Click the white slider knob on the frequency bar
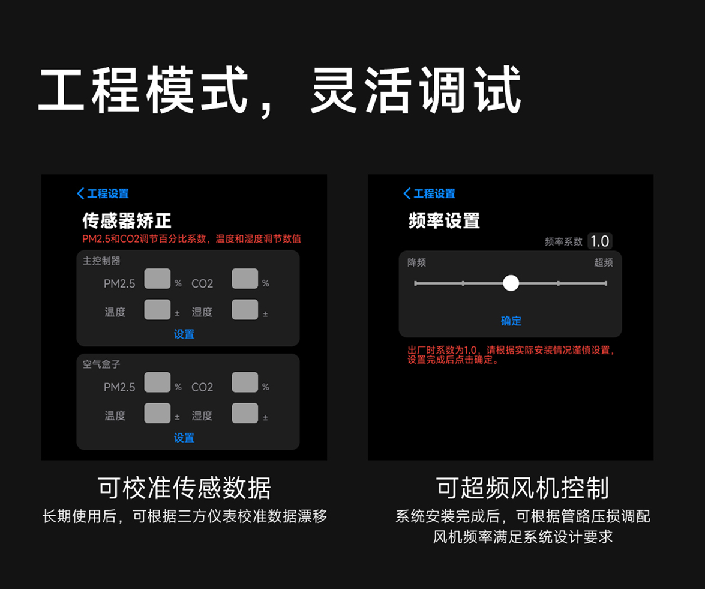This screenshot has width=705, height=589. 511,283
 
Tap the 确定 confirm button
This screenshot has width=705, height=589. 511,321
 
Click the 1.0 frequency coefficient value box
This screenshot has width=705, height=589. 599,241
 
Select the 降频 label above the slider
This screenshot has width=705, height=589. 417,263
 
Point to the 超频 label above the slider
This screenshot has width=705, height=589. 603,263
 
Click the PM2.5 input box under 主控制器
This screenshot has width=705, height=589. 157,279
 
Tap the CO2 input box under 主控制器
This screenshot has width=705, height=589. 245,279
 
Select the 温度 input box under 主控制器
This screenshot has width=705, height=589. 157,310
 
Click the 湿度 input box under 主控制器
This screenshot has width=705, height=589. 245,310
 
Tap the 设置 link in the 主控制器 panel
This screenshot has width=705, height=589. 184,334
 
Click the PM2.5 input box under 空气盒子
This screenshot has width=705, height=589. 157,382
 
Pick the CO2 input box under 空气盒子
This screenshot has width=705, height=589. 245,382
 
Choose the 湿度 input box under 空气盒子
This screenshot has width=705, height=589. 245,413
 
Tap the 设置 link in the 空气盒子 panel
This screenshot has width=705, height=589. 184,438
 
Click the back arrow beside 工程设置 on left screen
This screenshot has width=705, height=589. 80,193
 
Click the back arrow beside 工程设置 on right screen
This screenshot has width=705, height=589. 407,193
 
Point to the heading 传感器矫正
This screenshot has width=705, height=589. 127,221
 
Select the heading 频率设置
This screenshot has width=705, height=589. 444,221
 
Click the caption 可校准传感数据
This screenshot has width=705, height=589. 184,488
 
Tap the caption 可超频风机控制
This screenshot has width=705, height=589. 523,488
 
